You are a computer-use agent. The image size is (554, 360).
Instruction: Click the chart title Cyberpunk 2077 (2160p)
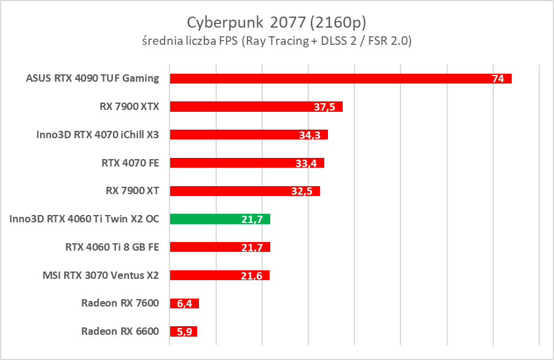[x=276, y=23]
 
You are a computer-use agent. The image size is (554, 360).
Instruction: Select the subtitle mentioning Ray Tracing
[x=276, y=42]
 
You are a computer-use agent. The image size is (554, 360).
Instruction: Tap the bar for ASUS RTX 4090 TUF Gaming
[x=340, y=79]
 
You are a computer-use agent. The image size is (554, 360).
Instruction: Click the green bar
[x=220, y=219]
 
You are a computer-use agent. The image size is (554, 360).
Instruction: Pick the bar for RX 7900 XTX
[x=256, y=107]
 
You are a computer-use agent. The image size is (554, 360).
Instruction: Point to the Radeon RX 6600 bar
[x=183, y=332]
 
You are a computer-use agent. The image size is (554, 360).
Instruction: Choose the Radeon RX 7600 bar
[x=184, y=303]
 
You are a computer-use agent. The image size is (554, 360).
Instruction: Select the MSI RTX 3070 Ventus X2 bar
[x=219, y=275]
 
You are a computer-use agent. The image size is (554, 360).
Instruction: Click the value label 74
[x=498, y=79]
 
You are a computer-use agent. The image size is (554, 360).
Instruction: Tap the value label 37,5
[x=324, y=108]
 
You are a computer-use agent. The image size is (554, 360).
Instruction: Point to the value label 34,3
[x=310, y=135]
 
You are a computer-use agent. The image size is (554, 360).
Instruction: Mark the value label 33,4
[x=306, y=163]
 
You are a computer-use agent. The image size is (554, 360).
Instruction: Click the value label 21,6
[x=252, y=276]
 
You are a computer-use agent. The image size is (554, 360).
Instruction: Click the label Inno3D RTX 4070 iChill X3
[x=98, y=135]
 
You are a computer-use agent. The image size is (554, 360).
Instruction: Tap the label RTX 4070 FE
[x=130, y=163]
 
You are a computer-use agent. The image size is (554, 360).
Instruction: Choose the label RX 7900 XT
[x=133, y=191]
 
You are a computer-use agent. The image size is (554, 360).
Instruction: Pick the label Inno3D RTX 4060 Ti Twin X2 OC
[x=85, y=219]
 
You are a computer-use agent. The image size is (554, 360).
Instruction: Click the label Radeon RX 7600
[x=120, y=303]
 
